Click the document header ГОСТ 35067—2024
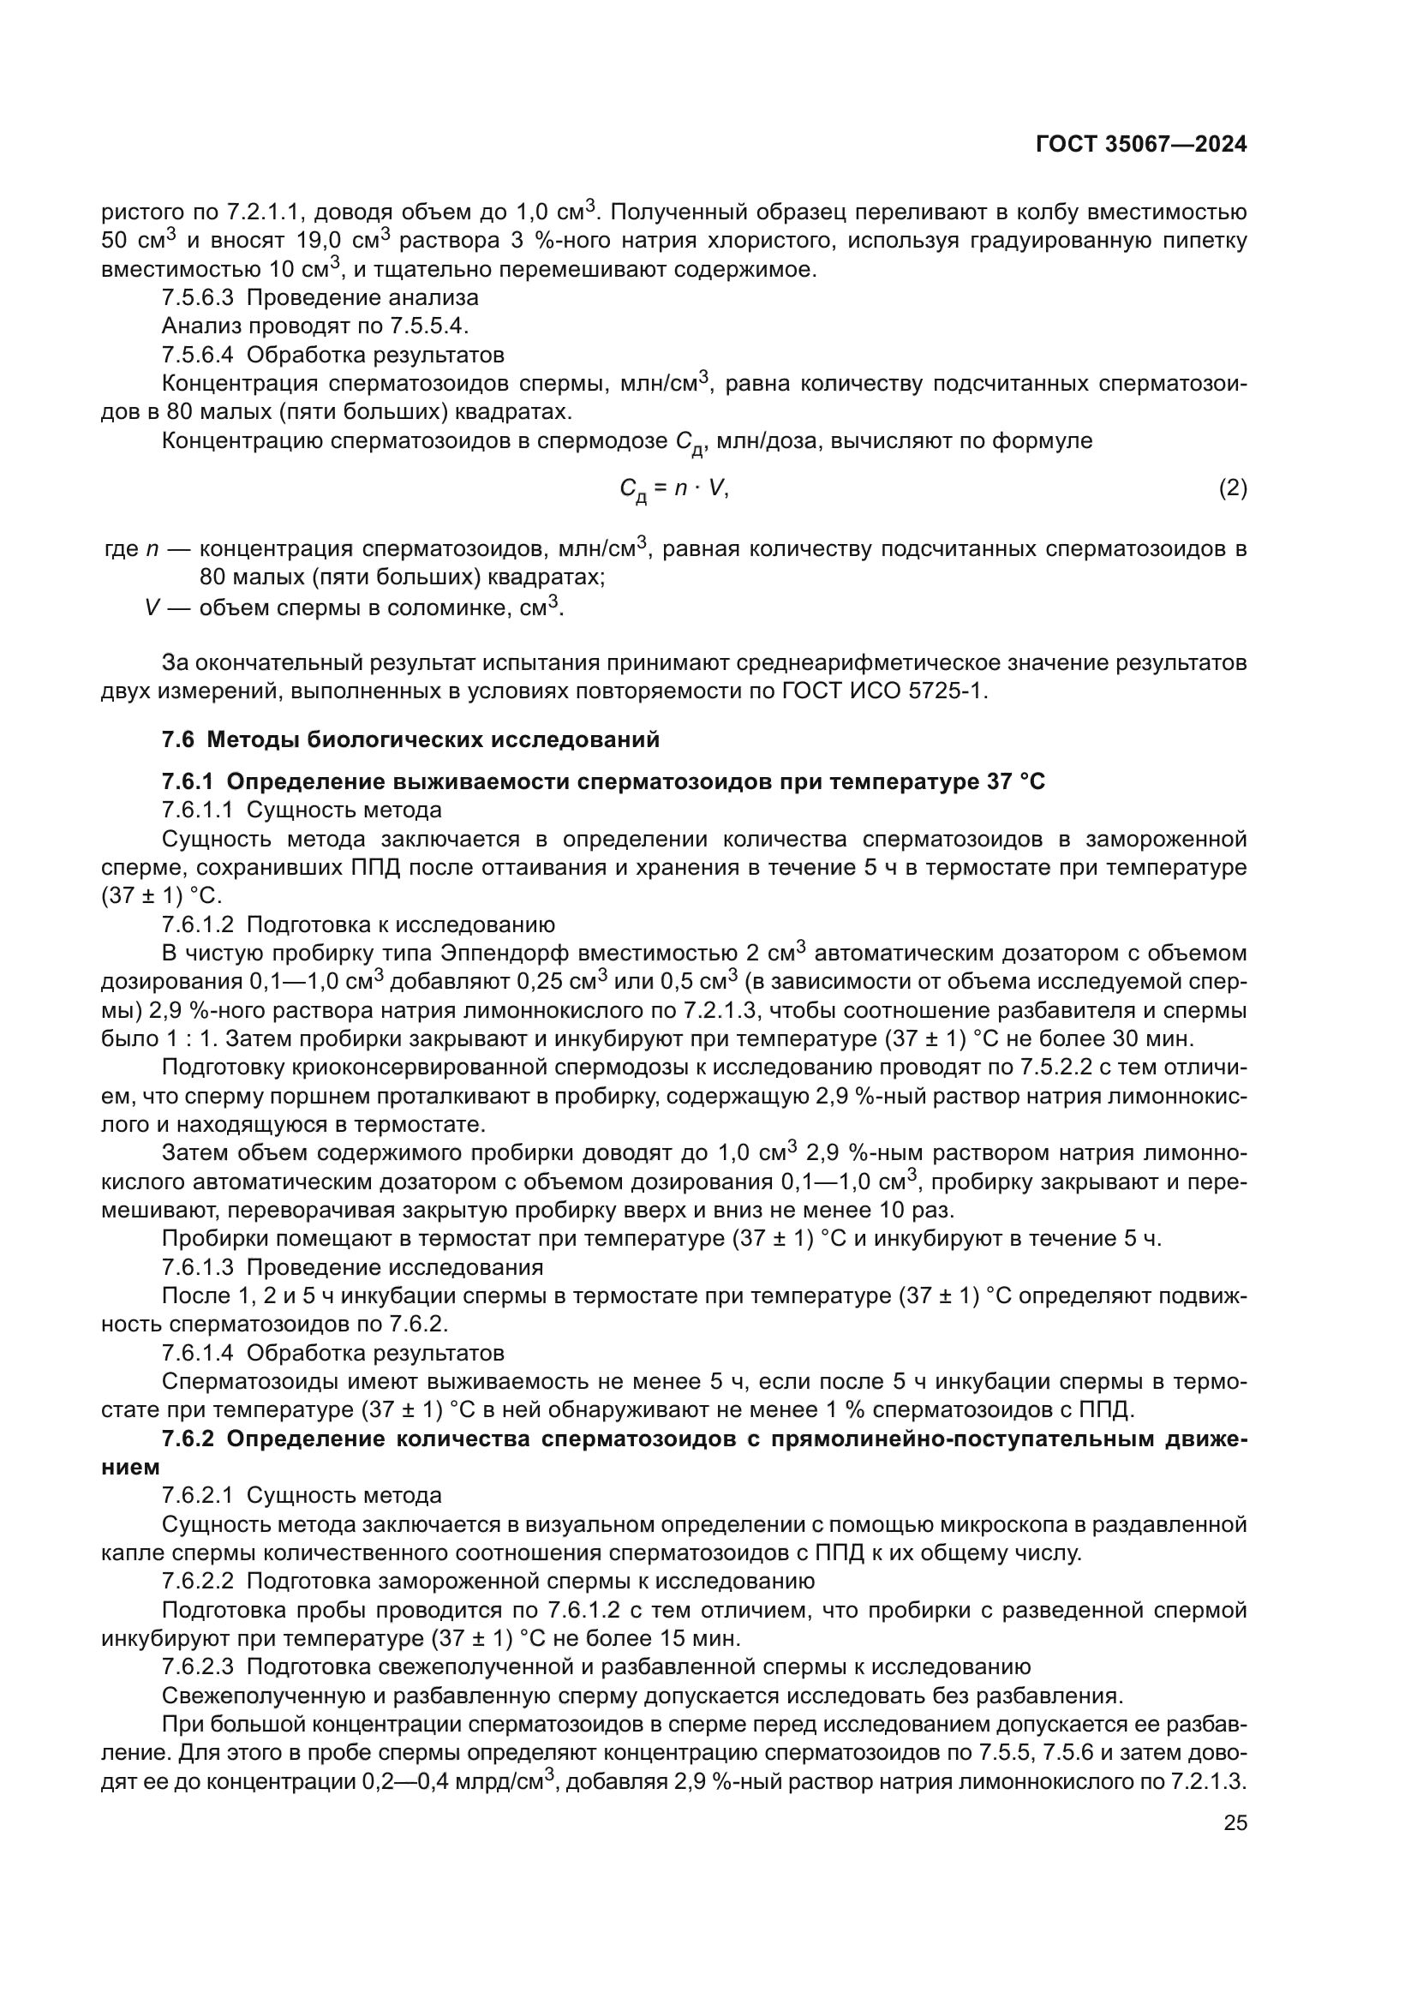pos(1140,145)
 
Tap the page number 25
pos(1235,1822)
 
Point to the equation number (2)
pos(1232,488)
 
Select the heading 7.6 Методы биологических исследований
pos(410,740)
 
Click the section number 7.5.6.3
pos(197,297)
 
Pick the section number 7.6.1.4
pos(197,1353)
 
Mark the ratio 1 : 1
pos(192,1038)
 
